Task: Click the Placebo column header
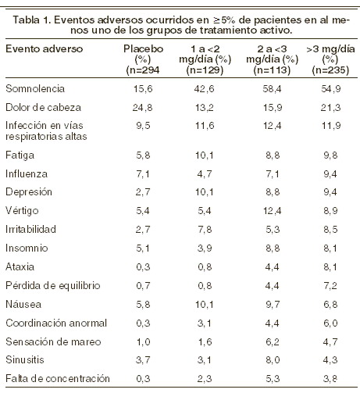(143, 59)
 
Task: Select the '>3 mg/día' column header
(330, 59)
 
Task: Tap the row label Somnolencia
(35, 88)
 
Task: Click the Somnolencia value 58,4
(272, 89)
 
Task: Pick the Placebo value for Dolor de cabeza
(143, 108)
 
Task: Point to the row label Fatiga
(20, 155)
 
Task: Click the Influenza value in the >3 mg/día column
(330, 173)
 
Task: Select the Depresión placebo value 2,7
(143, 192)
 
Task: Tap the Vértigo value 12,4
(272, 211)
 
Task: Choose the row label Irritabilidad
(30, 229)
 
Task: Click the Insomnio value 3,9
(205, 248)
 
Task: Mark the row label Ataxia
(20, 266)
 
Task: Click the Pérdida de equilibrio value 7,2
(330, 286)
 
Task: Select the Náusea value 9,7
(273, 305)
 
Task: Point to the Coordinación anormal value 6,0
(330, 323)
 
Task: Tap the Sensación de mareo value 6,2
(273, 342)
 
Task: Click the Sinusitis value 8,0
(273, 360)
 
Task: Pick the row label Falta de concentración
(58, 378)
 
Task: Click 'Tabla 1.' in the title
(32, 20)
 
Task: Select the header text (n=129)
(205, 70)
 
